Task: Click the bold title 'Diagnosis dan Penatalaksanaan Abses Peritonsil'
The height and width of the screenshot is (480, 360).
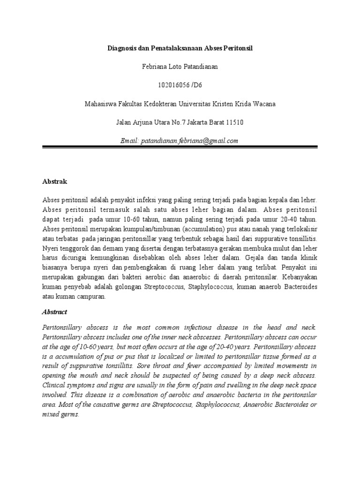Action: [180, 49]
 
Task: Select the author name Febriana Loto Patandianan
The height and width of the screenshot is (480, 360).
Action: [180, 67]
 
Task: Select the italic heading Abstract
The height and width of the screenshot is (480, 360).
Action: [55, 312]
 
